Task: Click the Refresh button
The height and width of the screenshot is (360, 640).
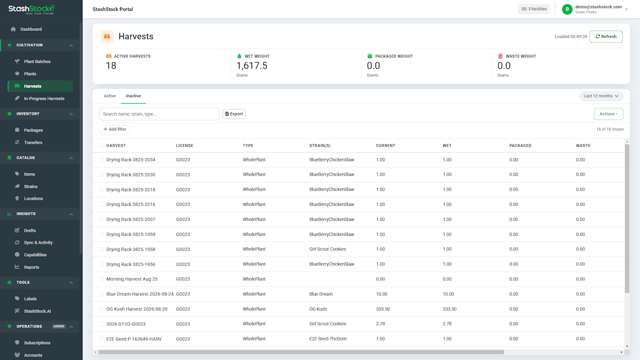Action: point(605,36)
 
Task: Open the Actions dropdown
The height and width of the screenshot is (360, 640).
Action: point(608,113)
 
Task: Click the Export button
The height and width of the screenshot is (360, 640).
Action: point(234,113)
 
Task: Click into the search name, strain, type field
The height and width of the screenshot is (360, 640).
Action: point(159,114)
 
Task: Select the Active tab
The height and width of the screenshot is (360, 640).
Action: point(109,96)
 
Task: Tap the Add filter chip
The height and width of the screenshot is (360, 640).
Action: point(114,129)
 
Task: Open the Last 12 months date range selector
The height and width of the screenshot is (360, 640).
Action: point(601,96)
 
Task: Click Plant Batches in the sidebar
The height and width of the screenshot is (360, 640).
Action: point(37,61)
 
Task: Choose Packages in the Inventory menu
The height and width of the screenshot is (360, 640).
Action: point(33,130)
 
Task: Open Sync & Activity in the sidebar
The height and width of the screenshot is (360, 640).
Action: point(38,242)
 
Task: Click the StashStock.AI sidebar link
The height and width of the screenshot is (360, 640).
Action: point(37,311)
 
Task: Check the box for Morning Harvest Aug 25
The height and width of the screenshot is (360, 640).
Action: point(101,279)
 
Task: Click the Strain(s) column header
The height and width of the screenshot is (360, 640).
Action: point(319,145)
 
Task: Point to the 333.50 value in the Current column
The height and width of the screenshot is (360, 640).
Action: point(383,309)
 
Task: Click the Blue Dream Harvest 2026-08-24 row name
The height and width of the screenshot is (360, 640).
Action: point(139,294)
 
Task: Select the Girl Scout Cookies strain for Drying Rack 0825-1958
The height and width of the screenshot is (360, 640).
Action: point(327,249)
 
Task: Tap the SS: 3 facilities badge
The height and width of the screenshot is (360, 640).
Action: point(533,9)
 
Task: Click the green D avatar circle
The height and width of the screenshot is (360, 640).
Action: point(567,9)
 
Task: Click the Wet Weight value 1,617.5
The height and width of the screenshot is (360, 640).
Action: point(251,65)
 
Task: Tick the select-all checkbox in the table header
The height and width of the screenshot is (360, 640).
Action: point(101,145)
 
